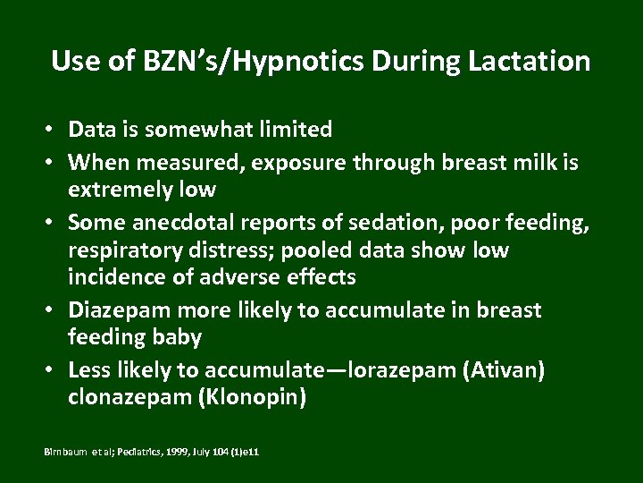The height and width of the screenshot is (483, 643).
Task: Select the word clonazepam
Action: tap(128, 397)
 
